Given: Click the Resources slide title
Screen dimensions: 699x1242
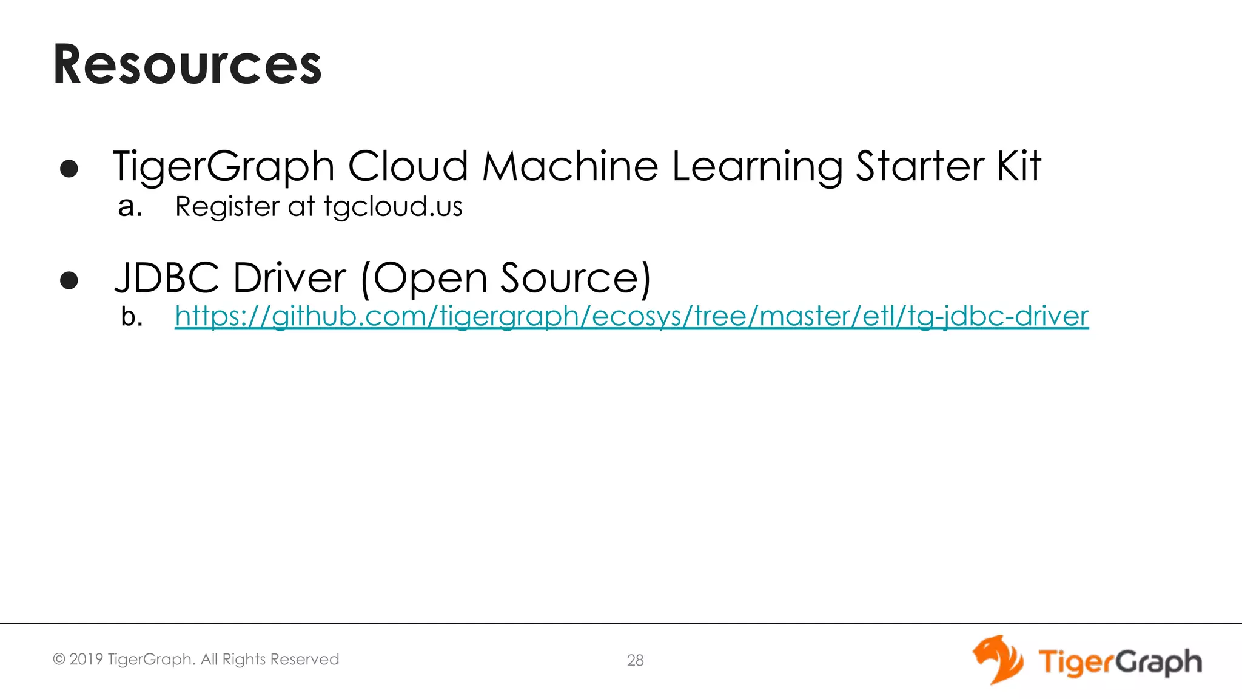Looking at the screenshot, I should tap(187, 65).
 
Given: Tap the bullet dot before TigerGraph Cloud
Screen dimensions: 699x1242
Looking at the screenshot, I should tap(69, 169).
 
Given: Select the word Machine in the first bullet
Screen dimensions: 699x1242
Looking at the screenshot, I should tap(569, 166).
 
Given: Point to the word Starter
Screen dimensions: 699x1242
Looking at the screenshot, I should tap(919, 166).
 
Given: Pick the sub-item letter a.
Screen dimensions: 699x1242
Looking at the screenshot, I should tap(130, 207).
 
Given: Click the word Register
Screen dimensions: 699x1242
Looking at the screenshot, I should tap(227, 208).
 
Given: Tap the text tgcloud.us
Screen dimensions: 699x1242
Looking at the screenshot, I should tap(393, 208).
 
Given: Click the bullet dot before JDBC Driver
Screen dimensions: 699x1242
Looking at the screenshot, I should tap(69, 280).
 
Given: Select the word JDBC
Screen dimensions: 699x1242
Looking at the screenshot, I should tap(167, 278).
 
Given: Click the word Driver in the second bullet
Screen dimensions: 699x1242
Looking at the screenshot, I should tap(289, 278).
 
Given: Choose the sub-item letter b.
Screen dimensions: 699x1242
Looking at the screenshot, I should tap(132, 317).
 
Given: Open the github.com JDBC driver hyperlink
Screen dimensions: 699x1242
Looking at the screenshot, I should tap(631, 317).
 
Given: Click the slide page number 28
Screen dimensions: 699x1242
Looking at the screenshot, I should tap(635, 660).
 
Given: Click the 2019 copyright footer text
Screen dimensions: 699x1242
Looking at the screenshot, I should tap(196, 660).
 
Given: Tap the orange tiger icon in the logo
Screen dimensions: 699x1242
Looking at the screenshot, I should tap(997, 660).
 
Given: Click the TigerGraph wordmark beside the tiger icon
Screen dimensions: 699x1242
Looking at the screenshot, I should tap(1119, 662).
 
